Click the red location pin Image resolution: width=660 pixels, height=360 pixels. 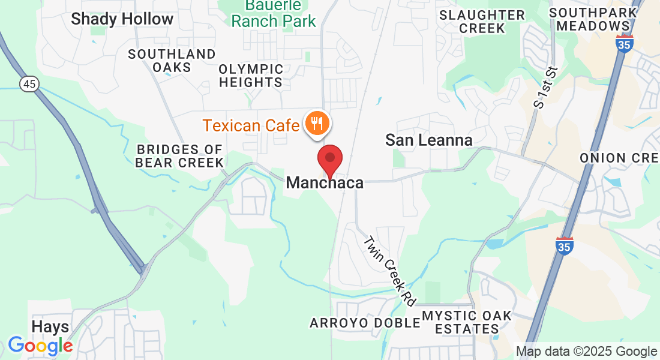coord(329,159)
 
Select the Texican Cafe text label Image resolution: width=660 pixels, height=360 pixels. coord(251,125)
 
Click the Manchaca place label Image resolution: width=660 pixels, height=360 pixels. coord(325,182)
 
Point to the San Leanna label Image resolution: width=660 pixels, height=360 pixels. coord(428,140)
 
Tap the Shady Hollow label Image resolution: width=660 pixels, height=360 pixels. coord(122,19)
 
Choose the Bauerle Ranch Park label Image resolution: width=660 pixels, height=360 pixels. coord(274,14)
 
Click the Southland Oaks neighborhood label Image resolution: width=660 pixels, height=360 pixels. coord(172,60)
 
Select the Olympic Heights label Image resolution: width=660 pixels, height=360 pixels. coord(251,76)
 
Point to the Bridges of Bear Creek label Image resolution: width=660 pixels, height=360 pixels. coord(179,155)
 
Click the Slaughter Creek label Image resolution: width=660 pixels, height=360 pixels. coord(482,22)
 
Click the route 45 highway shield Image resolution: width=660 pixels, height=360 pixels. coord(29,84)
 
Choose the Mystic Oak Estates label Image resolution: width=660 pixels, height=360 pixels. coord(466,322)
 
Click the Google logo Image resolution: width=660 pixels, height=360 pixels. coord(40,346)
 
